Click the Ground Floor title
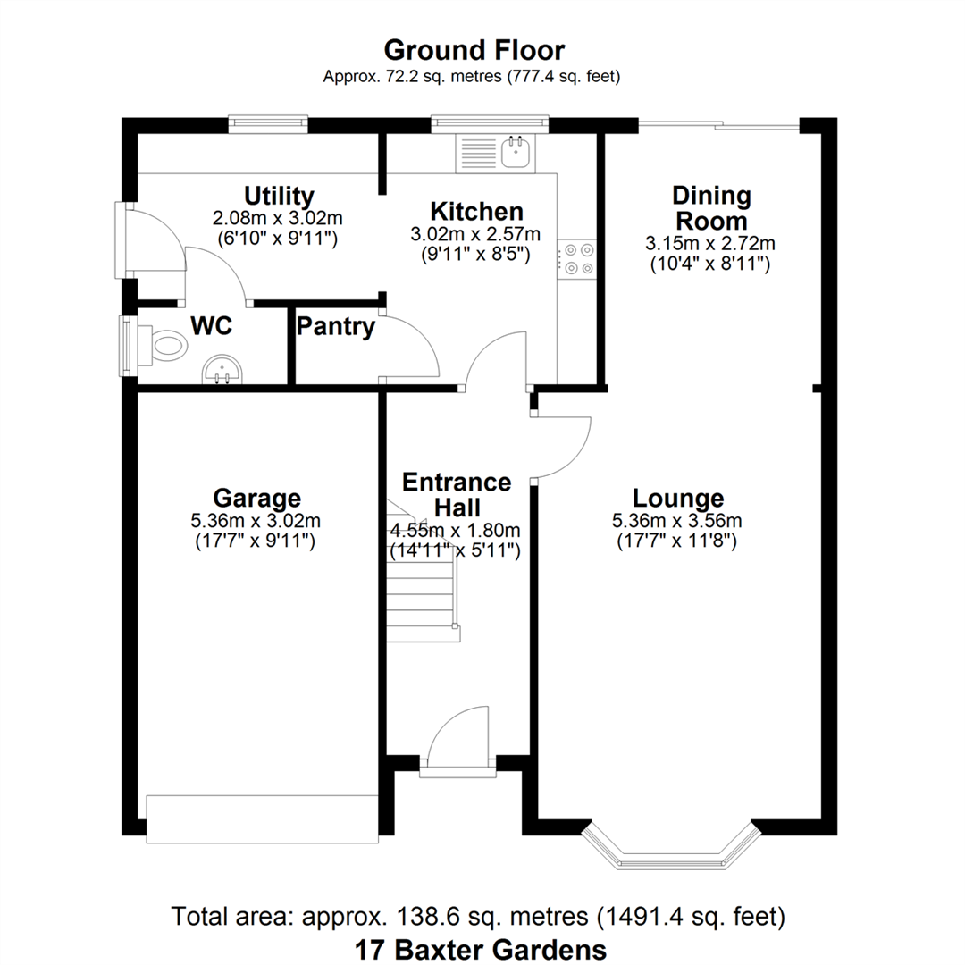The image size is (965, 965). (474, 50)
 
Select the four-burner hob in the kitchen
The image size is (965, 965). (577, 259)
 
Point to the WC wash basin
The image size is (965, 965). (222, 369)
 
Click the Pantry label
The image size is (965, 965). (335, 326)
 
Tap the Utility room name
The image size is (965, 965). (279, 196)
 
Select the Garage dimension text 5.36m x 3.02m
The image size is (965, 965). (256, 521)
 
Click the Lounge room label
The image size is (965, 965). (678, 498)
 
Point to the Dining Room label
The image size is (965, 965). (711, 208)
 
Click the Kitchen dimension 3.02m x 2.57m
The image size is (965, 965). (475, 234)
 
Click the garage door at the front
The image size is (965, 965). (262, 818)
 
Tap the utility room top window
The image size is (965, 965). (268, 124)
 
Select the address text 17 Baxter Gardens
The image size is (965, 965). (481, 949)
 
